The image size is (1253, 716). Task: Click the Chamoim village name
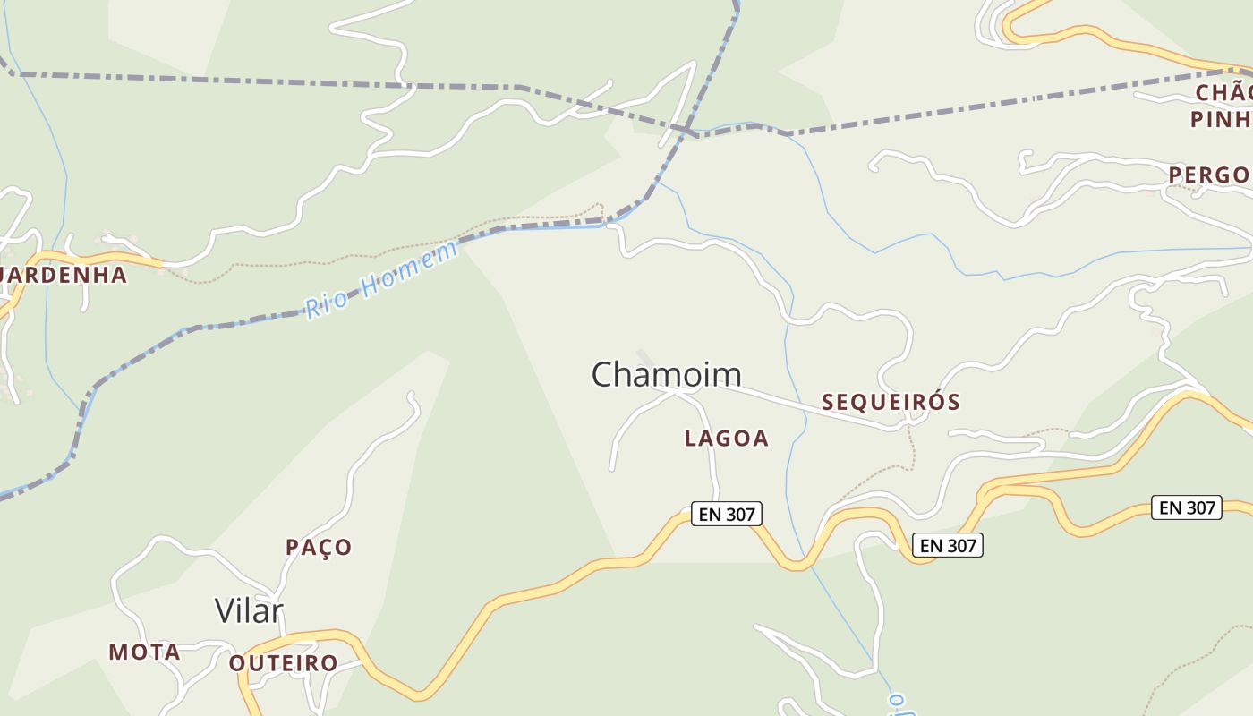tap(667, 374)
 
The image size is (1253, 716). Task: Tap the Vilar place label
tap(249, 611)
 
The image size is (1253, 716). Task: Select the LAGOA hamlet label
tap(726, 439)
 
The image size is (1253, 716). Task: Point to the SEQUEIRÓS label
tap(891, 403)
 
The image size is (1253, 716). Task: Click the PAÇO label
tap(319, 547)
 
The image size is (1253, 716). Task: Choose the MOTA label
tap(144, 652)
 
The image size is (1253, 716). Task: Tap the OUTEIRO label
tap(283, 663)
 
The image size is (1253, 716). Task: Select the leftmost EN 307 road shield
tap(726, 514)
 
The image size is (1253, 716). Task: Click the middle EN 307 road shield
tap(947, 544)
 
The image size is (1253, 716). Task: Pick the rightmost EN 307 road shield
tap(1186, 507)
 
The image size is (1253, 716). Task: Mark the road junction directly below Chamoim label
tap(676, 392)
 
